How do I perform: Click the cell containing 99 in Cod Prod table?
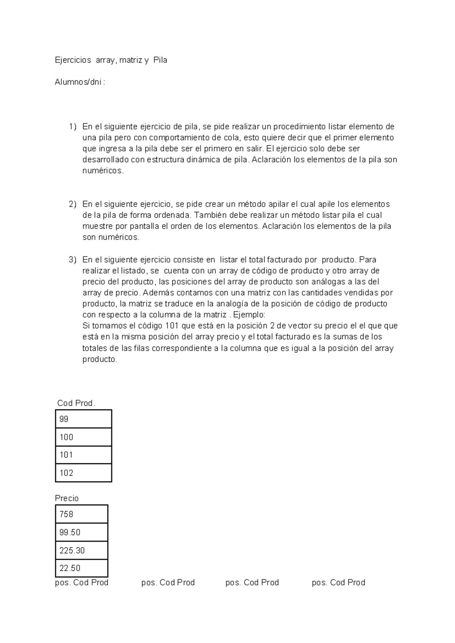(x=83, y=419)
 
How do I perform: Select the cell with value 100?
(x=83, y=437)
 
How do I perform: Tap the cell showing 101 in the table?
(x=83, y=455)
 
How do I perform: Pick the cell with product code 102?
(x=83, y=473)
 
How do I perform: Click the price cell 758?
(x=82, y=514)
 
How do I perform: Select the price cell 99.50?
(x=82, y=532)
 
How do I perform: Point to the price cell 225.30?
(x=82, y=550)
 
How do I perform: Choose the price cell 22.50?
(x=82, y=568)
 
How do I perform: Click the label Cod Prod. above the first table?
(x=76, y=403)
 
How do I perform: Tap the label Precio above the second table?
(x=67, y=498)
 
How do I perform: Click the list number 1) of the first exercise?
(x=72, y=126)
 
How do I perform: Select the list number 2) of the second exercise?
(x=72, y=204)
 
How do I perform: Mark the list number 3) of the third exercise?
(x=72, y=260)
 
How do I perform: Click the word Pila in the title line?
(x=160, y=60)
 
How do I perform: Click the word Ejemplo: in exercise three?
(x=249, y=315)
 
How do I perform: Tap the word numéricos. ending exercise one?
(x=103, y=171)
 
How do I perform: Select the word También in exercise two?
(x=210, y=215)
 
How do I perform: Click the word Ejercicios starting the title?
(x=73, y=60)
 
